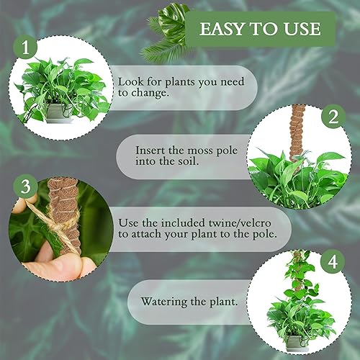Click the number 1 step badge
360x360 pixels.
[27, 48]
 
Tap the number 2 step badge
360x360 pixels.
[333, 117]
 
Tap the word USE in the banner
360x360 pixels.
[302, 30]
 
